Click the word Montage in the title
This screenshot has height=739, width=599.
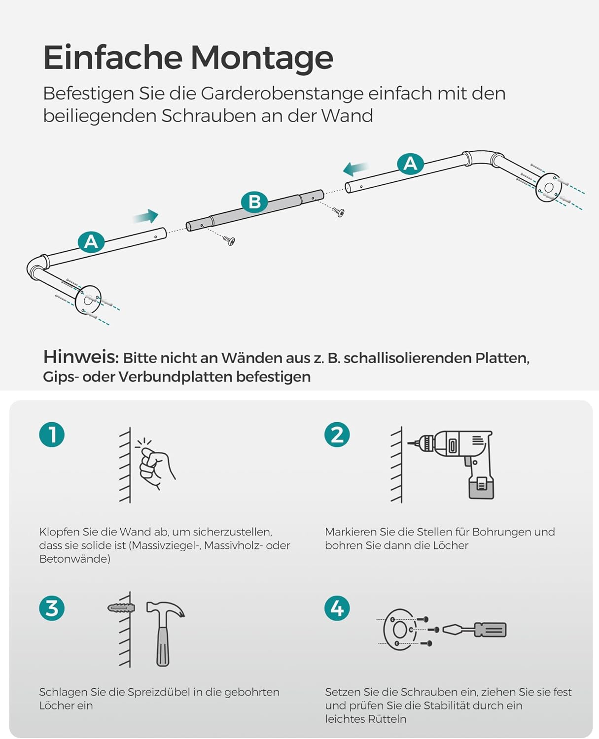coord(262,58)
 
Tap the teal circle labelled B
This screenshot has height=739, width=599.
coord(254,202)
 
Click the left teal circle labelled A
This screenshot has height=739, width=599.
coord(91,242)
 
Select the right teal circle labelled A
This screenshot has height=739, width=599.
coord(410,164)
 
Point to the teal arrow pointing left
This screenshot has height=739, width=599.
coord(355,169)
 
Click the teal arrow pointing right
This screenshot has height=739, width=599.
coord(145,216)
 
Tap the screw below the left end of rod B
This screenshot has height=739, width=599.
coord(229,240)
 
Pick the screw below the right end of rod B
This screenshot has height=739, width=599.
coord(339,212)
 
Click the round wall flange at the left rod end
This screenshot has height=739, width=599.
coord(89,299)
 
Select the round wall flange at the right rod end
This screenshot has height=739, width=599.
coord(549,187)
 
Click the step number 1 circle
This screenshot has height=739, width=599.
coord(52,435)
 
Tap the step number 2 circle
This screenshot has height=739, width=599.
coord(337,435)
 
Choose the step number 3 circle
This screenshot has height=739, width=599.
coord(52,608)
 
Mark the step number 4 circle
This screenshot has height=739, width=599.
coord(337,608)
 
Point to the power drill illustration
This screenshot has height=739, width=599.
coord(458,461)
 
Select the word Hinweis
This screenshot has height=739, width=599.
coord(80,357)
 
